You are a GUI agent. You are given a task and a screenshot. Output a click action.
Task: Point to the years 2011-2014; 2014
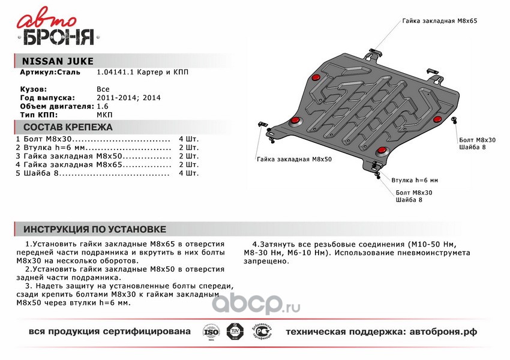128,97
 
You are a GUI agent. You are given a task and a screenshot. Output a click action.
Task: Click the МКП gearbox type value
104,114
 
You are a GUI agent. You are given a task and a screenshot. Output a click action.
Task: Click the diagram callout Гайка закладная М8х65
440,20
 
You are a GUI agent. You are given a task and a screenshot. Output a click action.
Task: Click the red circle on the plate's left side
295,123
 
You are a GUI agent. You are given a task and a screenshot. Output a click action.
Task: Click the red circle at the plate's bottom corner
381,151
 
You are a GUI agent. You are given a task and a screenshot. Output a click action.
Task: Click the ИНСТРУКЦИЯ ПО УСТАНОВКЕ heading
94,230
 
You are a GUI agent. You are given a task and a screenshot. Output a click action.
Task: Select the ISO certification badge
211,332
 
